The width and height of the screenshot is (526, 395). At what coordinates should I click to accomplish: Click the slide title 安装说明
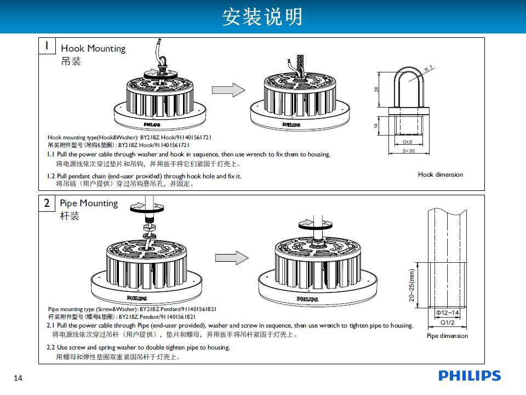262,17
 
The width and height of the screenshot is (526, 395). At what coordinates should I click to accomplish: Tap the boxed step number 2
48,203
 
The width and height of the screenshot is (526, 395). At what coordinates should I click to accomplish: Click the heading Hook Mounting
93,48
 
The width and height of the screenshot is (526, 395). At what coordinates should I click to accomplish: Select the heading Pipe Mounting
89,203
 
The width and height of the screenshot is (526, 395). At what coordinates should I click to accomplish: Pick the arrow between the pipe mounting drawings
231,257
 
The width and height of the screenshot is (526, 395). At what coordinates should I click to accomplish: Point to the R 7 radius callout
429,69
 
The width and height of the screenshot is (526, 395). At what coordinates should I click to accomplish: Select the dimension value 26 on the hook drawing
377,89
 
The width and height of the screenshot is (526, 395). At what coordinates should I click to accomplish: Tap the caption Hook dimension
440,174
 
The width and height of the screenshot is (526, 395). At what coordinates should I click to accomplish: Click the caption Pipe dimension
447,336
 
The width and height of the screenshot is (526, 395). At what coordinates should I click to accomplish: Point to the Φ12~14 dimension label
447,313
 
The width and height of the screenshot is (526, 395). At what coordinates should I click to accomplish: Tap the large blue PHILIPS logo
470,376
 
